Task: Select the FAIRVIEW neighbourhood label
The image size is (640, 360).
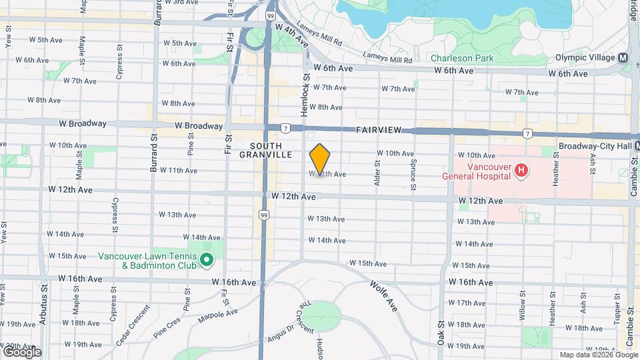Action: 380,131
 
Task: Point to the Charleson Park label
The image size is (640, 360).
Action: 462,58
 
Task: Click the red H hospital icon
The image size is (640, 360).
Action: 521,172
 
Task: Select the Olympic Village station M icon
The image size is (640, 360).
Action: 623,57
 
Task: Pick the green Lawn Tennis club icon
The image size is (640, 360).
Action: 207,260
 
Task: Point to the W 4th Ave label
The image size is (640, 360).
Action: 291,35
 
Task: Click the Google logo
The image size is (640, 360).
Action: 21,351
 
